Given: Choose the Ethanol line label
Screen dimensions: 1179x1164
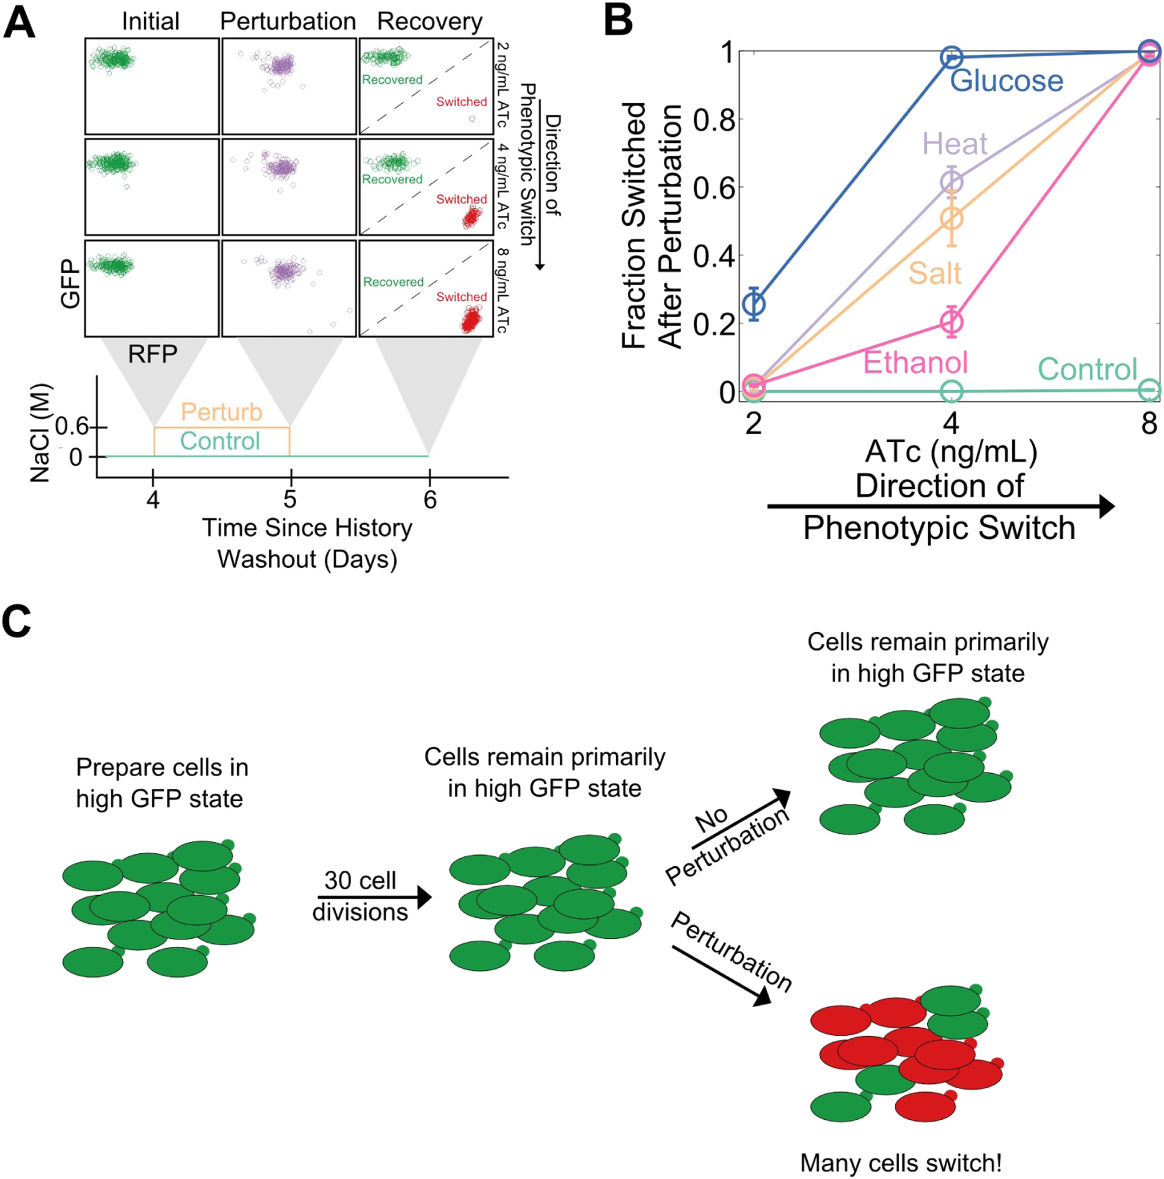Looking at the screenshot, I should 915,363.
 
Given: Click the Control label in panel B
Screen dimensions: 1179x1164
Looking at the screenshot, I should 1087,369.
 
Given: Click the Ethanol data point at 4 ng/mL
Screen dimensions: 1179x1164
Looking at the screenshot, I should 951,321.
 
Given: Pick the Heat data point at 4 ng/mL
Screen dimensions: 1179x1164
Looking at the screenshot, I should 951,182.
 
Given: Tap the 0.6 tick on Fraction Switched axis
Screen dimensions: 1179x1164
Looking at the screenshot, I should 713,187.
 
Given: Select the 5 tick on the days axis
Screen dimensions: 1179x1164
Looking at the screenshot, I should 290,499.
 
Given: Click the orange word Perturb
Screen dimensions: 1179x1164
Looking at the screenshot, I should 221,412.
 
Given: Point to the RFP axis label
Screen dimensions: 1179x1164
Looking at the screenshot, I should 152,354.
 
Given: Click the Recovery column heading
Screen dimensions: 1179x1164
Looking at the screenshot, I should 430,21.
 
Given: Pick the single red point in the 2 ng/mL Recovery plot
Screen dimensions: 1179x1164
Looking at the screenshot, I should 472,119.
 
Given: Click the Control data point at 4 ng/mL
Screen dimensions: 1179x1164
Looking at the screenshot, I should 951,391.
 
